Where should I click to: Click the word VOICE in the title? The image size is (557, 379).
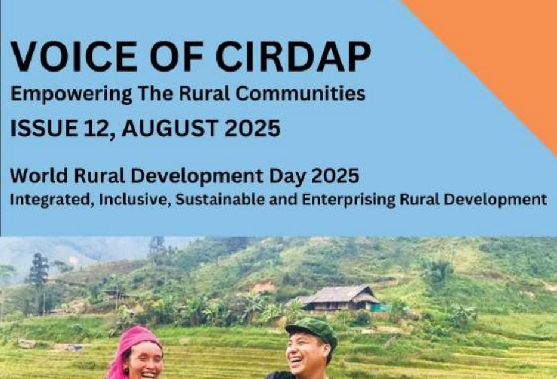(x=73, y=57)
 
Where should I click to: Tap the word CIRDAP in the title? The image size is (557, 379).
(x=293, y=57)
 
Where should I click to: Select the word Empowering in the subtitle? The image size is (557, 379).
(x=72, y=94)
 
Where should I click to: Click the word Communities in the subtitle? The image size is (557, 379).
(x=301, y=94)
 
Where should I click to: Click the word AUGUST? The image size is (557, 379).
(x=170, y=128)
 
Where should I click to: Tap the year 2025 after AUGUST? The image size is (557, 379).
(x=253, y=128)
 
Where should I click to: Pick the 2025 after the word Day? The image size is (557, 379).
(x=335, y=176)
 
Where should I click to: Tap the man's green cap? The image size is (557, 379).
(x=313, y=330)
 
